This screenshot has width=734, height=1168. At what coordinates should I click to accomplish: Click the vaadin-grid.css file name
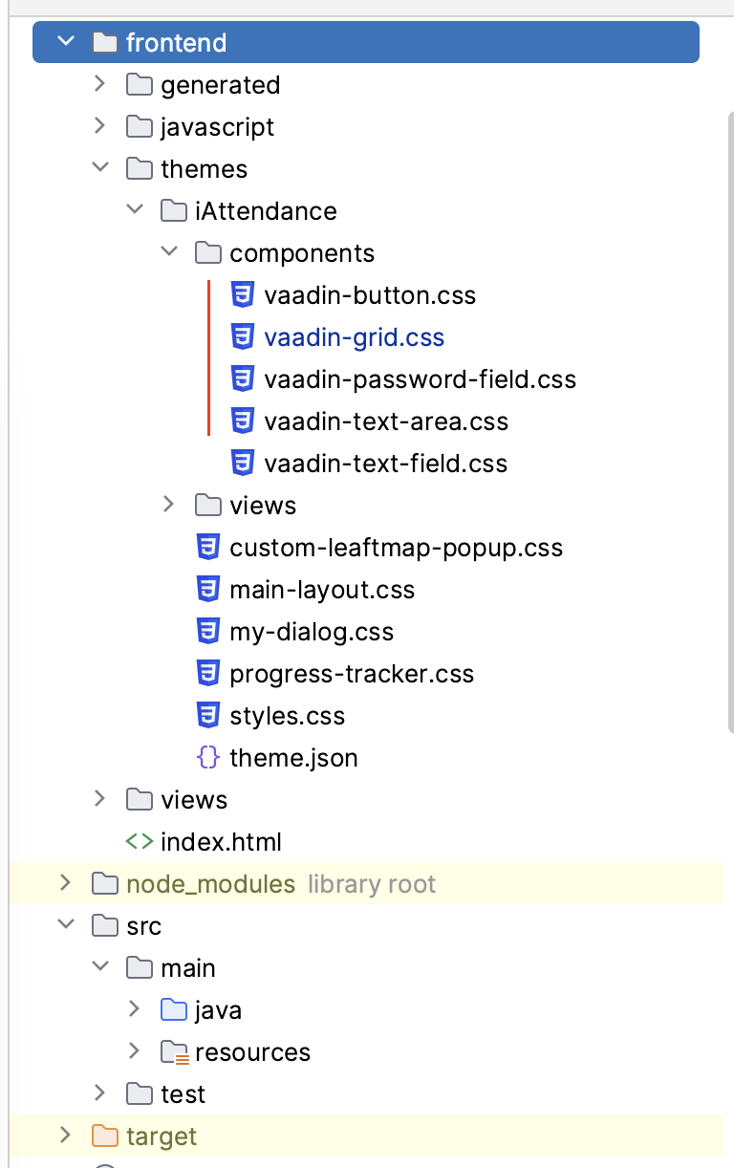click(354, 337)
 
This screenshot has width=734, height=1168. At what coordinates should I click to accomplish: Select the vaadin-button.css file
click(369, 295)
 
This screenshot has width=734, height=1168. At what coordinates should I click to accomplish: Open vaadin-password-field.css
click(420, 379)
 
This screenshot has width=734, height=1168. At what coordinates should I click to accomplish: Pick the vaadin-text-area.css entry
click(386, 422)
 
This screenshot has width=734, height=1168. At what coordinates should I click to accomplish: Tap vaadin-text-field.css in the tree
click(385, 464)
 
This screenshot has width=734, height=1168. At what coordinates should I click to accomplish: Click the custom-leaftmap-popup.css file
click(396, 548)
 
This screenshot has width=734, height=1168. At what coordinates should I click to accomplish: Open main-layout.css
click(322, 590)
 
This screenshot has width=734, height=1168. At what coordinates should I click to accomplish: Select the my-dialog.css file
click(312, 632)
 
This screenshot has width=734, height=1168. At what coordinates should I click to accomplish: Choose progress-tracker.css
click(352, 674)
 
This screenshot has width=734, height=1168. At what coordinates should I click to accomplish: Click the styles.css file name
click(287, 716)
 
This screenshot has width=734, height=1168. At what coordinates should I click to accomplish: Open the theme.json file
click(293, 758)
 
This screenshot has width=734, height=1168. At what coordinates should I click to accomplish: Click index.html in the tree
click(221, 842)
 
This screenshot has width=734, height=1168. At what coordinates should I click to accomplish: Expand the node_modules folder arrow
click(65, 883)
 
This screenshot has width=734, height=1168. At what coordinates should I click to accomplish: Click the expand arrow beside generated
click(99, 84)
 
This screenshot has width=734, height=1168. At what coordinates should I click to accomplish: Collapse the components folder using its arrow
click(169, 252)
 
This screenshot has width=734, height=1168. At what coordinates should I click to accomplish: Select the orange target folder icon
click(104, 1136)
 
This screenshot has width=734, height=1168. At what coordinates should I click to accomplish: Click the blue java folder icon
click(173, 1009)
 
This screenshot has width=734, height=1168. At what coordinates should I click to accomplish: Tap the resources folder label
click(252, 1052)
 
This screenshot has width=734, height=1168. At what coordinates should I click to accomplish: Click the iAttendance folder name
click(266, 211)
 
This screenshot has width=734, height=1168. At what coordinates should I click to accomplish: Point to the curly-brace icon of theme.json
click(207, 758)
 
